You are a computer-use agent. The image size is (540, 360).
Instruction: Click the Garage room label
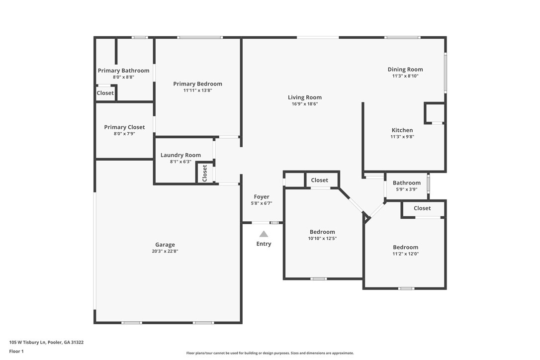point(165,245)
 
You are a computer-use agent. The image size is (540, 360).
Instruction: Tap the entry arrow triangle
point(264,234)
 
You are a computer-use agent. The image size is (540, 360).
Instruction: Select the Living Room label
point(304,97)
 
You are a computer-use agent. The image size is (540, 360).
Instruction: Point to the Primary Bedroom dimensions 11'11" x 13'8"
point(197,90)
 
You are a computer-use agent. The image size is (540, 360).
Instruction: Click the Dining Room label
point(405,70)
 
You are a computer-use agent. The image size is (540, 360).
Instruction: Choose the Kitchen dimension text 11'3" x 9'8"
point(402,137)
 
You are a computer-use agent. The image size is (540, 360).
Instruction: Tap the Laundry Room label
point(180,155)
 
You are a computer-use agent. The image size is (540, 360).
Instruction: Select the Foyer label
point(262,197)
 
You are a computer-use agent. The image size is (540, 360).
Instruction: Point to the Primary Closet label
point(124,127)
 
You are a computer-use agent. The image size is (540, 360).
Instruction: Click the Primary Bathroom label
point(123,71)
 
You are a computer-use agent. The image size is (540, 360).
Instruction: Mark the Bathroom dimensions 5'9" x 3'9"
point(406,189)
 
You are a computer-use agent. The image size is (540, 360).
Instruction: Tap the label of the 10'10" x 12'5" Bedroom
point(322,232)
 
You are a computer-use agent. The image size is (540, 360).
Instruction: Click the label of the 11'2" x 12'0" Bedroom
point(405,247)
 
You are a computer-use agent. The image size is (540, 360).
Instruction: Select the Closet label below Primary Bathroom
point(105,93)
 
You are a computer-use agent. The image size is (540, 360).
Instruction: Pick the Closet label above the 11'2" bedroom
point(422,208)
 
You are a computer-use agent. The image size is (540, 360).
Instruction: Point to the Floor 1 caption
point(16,351)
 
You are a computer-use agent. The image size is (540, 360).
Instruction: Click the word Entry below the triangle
point(264,244)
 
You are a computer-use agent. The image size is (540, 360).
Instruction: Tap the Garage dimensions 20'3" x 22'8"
point(165,252)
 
